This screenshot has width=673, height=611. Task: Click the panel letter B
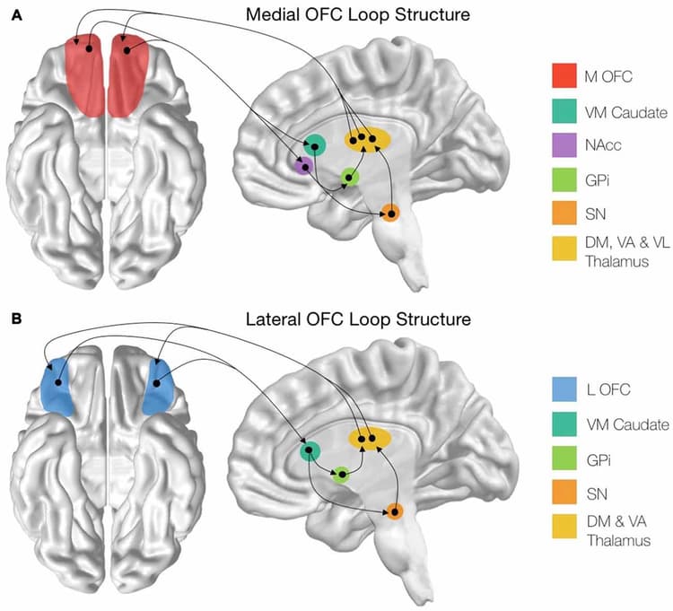pyautogui.click(x=16, y=318)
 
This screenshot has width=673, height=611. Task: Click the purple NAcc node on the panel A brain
pyautogui.click(x=305, y=165)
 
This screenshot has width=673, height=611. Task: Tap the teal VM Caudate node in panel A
pyautogui.click(x=315, y=144)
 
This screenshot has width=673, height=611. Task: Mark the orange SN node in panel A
pyautogui.click(x=389, y=213)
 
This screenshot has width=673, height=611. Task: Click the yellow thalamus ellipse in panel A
pyautogui.click(x=368, y=140)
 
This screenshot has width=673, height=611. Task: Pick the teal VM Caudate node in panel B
pyautogui.click(x=310, y=452)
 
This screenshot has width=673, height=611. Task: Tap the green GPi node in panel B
pyautogui.click(x=341, y=475)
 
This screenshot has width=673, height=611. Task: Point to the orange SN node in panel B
pyautogui.click(x=395, y=511)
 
